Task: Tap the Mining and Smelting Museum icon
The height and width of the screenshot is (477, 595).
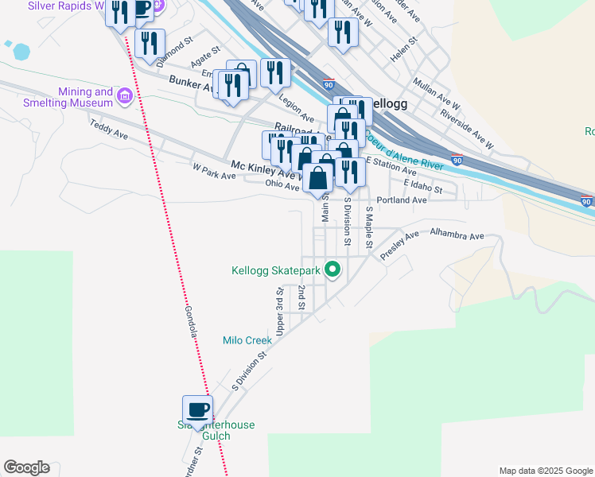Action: click(124, 97)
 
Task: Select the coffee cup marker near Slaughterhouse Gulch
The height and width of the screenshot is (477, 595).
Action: click(197, 410)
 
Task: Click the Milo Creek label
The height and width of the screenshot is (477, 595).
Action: click(247, 340)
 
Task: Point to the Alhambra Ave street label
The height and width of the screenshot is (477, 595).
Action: click(457, 236)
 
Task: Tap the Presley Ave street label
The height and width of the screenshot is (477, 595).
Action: click(399, 246)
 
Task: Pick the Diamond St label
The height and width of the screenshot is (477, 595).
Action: click(176, 53)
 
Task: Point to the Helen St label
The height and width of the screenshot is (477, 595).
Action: click(404, 51)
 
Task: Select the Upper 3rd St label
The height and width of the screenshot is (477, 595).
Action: click(279, 311)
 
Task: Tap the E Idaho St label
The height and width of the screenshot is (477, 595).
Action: click(422, 185)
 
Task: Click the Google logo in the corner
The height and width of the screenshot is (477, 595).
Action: click(26, 467)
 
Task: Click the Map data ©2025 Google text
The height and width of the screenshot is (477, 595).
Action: click(545, 471)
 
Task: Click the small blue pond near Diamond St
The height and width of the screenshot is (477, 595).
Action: click(21, 52)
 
